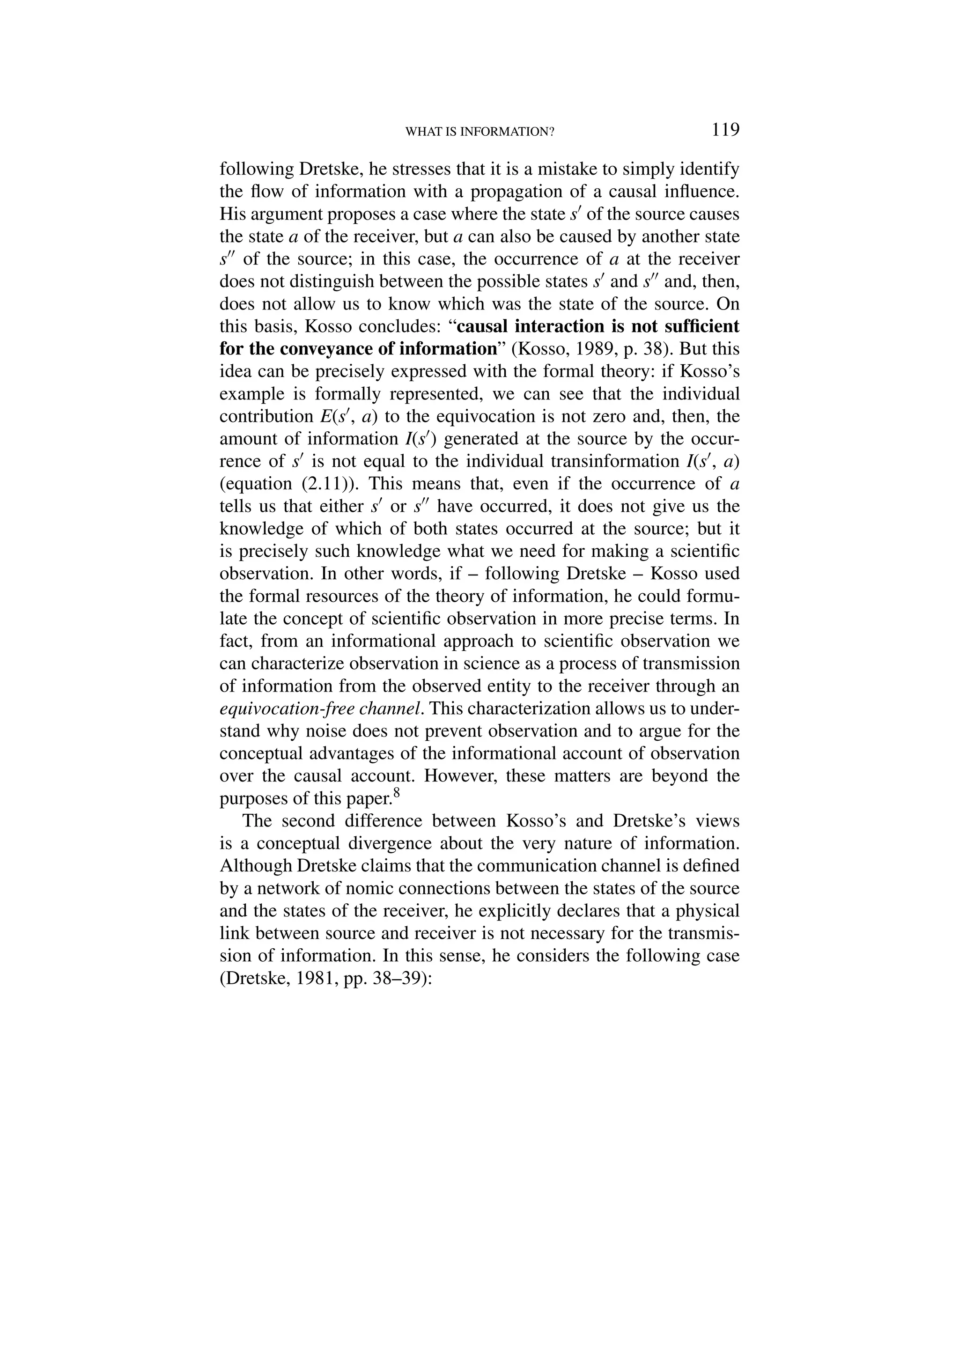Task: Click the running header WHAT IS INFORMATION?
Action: pos(479,132)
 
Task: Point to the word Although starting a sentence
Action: pos(255,865)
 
